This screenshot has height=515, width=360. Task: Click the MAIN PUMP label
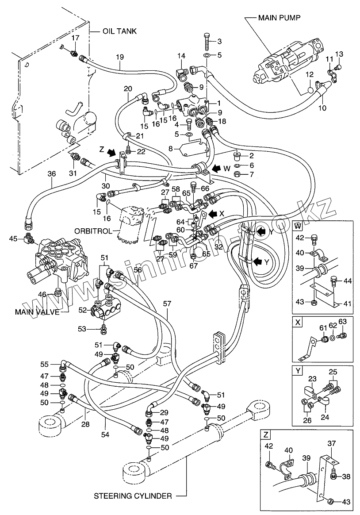click(x=280, y=18)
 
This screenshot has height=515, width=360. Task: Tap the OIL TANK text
click(x=119, y=31)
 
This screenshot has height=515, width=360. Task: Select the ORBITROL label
click(x=94, y=231)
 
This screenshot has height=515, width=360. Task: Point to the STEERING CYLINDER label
click(x=133, y=496)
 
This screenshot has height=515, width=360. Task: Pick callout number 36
click(x=52, y=174)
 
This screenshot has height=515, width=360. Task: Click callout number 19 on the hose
click(x=120, y=57)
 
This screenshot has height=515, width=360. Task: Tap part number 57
click(x=167, y=304)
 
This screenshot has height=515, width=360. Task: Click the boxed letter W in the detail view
click(x=299, y=227)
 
